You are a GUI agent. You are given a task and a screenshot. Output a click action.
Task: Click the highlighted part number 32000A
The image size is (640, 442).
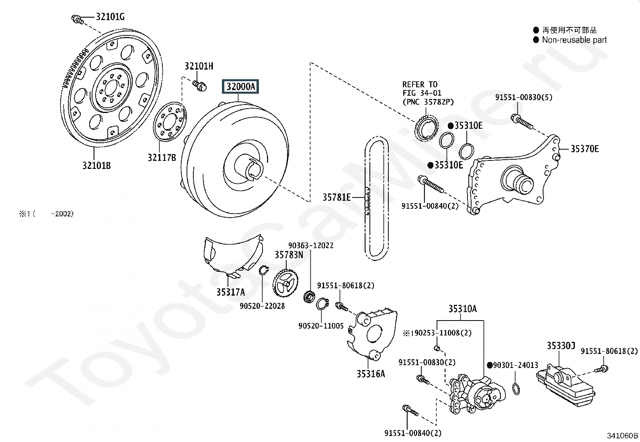click(240, 86)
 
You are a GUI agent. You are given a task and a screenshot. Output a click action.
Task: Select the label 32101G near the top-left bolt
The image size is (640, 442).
click(110, 17)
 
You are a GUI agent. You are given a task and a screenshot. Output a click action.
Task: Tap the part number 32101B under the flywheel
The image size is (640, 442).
click(96, 165)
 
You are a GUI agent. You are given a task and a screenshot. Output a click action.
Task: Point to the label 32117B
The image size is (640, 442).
click(162, 158)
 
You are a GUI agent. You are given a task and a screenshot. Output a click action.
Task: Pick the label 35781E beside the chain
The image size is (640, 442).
click(336, 197)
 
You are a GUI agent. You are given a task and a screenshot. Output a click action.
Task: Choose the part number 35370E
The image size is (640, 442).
click(585, 149)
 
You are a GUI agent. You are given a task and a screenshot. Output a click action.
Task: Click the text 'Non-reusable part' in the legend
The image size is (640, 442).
click(574, 40)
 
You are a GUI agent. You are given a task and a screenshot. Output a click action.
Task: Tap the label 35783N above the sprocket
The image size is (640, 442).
click(289, 255)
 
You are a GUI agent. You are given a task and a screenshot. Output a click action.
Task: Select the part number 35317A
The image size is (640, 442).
click(230, 292)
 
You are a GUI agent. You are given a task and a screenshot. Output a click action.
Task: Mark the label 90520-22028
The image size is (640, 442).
click(262, 306)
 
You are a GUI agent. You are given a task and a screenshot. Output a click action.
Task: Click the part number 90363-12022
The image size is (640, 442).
click(311, 245)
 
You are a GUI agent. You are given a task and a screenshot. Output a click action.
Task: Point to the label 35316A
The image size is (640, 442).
click(371, 374)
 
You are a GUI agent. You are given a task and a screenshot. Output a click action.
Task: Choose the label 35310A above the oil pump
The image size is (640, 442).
click(463, 309)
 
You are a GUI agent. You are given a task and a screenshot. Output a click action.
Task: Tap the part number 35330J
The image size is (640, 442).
click(561, 345)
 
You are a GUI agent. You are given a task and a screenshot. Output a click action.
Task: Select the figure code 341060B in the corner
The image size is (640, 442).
click(622, 435)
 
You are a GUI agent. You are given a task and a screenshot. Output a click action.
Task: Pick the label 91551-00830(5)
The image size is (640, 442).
click(518, 97)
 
